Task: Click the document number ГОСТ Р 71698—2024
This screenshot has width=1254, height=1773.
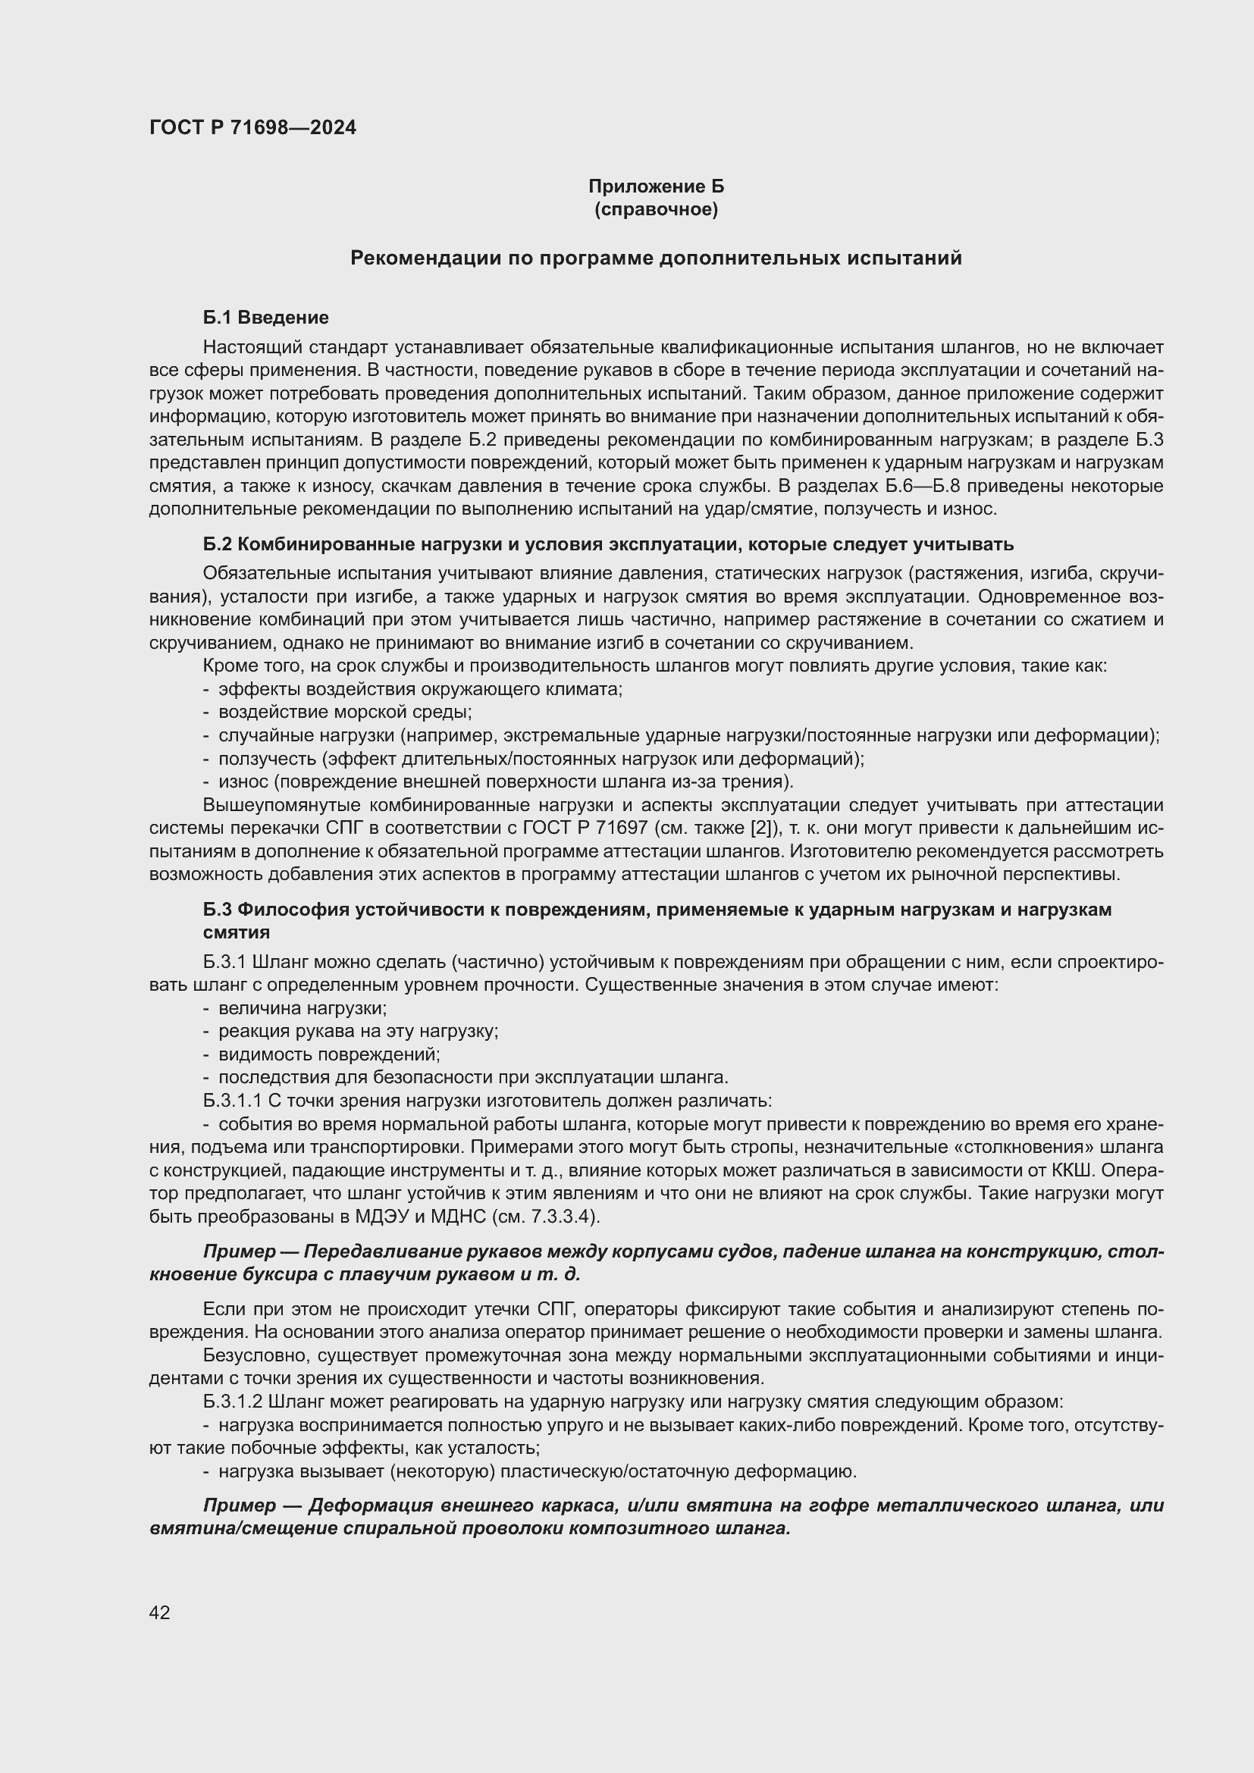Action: click(252, 127)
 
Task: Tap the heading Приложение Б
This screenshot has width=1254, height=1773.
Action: click(656, 186)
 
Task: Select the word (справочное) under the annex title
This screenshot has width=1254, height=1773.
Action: click(656, 209)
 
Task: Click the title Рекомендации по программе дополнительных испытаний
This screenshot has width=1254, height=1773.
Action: click(656, 258)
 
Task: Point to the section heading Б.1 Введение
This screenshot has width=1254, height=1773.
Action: click(265, 318)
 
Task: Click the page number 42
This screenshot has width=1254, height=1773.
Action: click(160, 1612)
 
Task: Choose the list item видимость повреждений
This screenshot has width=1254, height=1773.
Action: click(329, 1054)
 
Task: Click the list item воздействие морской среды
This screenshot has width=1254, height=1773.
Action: click(345, 712)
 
